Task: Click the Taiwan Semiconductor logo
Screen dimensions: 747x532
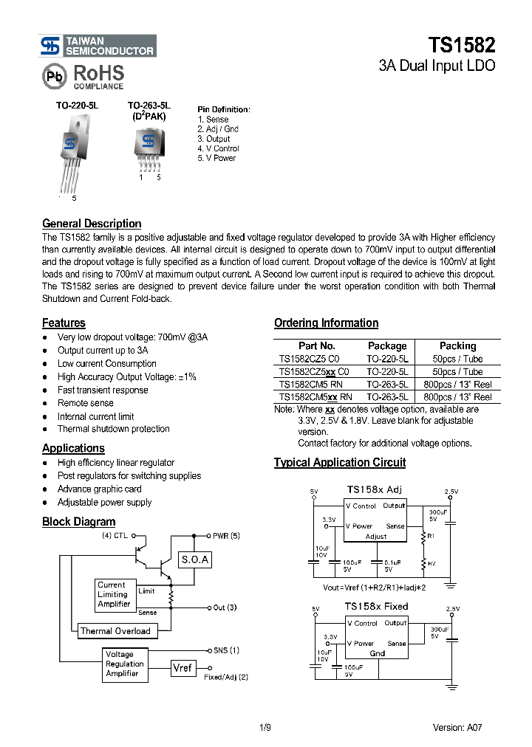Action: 98,46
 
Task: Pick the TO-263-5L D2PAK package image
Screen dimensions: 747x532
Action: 149,147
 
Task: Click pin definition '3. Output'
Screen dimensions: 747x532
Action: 214,139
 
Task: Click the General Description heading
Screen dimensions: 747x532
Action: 92,224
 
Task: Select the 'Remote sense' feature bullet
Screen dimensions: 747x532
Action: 86,403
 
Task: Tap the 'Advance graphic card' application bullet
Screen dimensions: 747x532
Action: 99,489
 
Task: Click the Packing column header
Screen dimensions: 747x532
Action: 457,345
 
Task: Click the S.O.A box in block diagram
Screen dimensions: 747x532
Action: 195,560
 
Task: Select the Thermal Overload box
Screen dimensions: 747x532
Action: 115,631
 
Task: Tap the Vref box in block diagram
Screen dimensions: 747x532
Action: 182,667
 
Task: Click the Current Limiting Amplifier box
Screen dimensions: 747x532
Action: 114,594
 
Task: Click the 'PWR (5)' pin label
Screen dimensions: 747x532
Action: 226,536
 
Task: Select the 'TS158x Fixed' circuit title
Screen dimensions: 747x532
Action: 376,606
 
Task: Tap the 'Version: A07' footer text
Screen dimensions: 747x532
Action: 457,727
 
